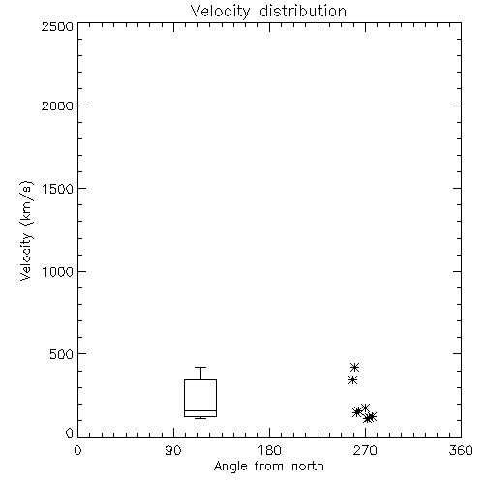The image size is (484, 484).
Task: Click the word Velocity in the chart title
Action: coord(220,12)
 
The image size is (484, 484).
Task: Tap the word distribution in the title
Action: coord(303,11)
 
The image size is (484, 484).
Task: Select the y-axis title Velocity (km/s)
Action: coord(26,230)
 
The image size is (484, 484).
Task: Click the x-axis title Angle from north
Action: coord(269,466)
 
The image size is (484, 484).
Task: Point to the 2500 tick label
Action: coord(57,26)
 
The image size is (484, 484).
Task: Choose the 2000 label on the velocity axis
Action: coord(57,106)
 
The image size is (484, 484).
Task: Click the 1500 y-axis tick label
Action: coord(58,189)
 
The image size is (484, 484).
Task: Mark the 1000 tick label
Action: coord(58,272)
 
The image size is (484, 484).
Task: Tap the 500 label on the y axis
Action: coord(62,354)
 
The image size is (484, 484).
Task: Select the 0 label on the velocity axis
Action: coord(70,433)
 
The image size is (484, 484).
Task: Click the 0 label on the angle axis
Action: coord(77,450)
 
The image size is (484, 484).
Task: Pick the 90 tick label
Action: coord(173,450)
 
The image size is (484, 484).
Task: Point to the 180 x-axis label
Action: coord(269,450)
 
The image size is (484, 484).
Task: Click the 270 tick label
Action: coord(365,450)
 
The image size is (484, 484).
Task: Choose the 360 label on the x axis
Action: coord(461,450)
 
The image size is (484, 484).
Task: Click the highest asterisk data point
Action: coord(354,367)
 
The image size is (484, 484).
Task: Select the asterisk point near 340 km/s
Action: coord(353,380)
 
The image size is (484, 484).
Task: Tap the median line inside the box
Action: coord(200,410)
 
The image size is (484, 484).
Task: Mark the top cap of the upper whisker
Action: coord(200,367)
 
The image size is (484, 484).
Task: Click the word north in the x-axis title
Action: coord(308,466)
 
